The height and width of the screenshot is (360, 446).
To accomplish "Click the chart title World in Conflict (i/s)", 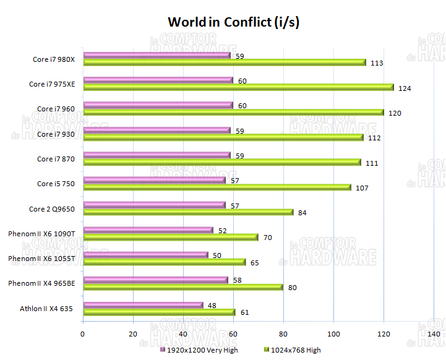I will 234,23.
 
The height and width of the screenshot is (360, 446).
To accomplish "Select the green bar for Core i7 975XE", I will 238,87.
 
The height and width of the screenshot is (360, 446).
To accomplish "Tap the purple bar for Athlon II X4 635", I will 143,305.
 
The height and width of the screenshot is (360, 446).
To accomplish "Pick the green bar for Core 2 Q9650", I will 188,212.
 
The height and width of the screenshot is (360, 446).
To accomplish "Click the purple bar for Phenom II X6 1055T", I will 145,255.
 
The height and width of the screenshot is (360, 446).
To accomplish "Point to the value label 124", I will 405,88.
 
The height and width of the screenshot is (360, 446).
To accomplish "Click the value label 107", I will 362,187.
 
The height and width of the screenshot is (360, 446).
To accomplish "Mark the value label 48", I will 213,305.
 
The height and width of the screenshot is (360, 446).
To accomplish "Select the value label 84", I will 302,213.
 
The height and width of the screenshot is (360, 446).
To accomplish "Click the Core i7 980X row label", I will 54,60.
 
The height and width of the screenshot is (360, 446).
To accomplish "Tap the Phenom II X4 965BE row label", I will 41,283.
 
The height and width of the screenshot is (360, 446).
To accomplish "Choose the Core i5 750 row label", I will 56,184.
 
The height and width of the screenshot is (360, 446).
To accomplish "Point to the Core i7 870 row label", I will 56,159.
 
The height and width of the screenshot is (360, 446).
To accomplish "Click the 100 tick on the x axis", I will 333,334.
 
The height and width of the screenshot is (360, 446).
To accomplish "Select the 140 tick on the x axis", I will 434,334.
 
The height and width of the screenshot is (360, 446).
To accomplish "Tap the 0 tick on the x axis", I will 83,334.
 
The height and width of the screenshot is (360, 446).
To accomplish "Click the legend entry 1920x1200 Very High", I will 198,350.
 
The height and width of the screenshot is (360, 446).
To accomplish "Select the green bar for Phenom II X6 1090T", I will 171,237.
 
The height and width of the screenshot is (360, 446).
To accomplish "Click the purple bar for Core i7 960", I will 158,106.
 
